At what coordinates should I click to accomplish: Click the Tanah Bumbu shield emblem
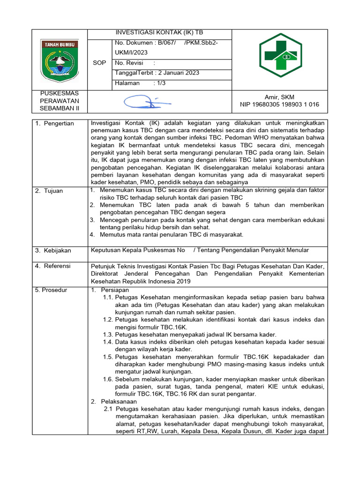(x=60, y=59)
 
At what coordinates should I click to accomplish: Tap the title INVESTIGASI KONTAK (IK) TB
(x=159, y=34)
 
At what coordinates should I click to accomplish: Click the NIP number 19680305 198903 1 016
(x=279, y=105)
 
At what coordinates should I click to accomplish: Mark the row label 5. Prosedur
(x=51, y=290)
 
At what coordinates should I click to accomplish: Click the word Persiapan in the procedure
(x=112, y=290)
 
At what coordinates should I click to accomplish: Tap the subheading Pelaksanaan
(x=118, y=402)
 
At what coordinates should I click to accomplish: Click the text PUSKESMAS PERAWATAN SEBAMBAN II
(x=60, y=101)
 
